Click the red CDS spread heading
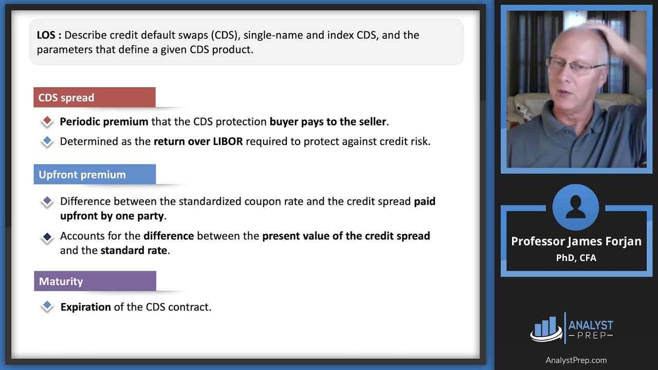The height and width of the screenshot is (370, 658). tap(94, 98)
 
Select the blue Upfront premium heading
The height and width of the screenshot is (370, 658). tap(95, 175)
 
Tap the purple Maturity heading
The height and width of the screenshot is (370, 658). tap(95, 282)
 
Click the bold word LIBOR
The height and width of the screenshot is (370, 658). tap(227, 141)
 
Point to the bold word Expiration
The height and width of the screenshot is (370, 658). tap(85, 307)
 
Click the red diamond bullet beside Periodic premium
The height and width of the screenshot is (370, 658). tap(47, 122)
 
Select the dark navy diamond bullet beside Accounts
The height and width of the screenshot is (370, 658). tap(47, 237)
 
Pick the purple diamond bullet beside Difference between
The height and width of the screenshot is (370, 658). tap(47, 201)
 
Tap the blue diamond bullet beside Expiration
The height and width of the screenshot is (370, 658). tap(47, 307)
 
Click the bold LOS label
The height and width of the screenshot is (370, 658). tap(49, 35)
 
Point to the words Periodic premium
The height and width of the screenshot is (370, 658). tap(104, 122)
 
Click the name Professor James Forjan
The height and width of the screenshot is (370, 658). tap(576, 242)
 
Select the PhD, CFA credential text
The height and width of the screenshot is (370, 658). tap(576, 258)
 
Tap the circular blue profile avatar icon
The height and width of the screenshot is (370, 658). tap(576, 207)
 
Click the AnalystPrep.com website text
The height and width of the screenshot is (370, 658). tap(576, 360)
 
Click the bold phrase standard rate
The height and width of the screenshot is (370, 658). tap(134, 251)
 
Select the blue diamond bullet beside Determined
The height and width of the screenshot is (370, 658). tap(47, 141)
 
